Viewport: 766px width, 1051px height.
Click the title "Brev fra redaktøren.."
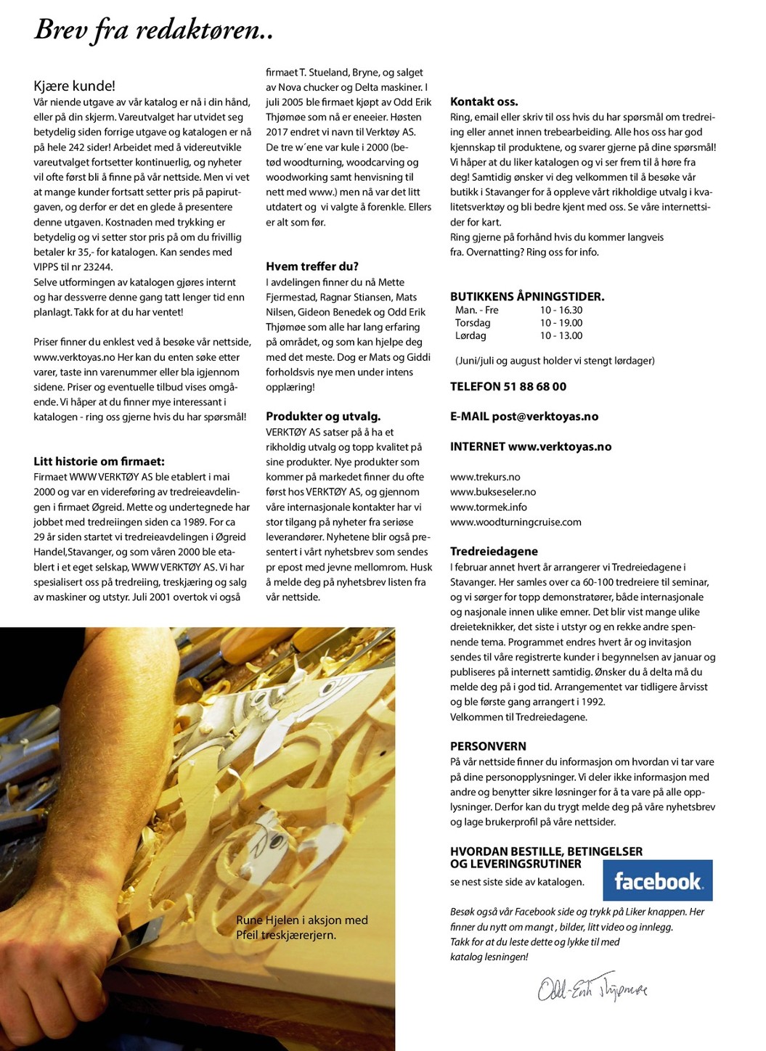coord(153,30)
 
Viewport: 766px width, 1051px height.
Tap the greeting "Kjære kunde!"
coord(74,86)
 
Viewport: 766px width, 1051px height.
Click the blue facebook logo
coord(658,880)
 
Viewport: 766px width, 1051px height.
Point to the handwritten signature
coord(592,988)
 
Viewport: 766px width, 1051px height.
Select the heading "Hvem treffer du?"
coord(312,266)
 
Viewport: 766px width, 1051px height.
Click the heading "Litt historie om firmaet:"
coord(99,461)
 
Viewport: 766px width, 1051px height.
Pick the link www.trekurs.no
coord(485,477)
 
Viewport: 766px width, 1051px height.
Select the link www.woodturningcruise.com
coord(516,522)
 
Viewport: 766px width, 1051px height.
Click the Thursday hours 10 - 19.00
coord(561,322)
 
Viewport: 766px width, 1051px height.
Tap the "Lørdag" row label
coord(470,335)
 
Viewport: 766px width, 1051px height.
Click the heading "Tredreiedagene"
coord(494,551)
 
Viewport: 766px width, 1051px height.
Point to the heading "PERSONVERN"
coord(488,745)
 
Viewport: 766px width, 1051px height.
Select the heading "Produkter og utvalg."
coord(323,416)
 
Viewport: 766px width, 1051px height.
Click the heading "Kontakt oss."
coord(484,102)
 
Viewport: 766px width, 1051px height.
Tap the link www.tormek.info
coord(488,507)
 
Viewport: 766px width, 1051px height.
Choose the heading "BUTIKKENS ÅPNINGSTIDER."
coord(527,296)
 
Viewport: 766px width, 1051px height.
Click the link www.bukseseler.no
coord(493,491)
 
